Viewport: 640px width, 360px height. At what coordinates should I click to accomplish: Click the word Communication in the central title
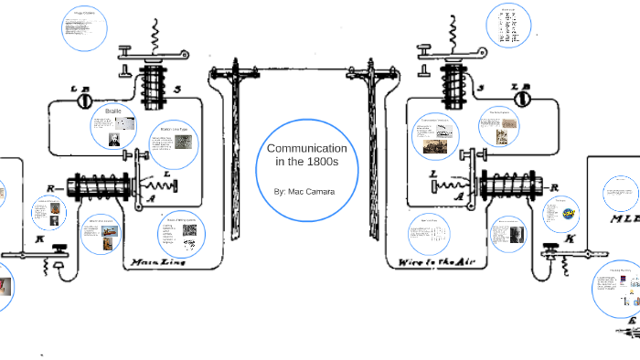pyautogui.click(x=306, y=148)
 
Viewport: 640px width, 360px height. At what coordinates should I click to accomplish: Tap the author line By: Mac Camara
pyautogui.click(x=306, y=193)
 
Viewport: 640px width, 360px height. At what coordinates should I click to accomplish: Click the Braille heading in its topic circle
pyautogui.click(x=113, y=111)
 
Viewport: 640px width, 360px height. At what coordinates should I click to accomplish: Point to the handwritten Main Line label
pyautogui.click(x=161, y=262)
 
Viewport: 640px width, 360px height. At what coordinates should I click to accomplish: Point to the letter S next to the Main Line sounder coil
pyautogui.click(x=188, y=89)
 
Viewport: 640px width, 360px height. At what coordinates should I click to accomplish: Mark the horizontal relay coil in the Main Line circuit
pyautogui.click(x=95, y=189)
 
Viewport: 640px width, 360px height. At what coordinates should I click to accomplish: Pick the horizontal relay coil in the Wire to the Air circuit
pyautogui.click(x=512, y=189)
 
